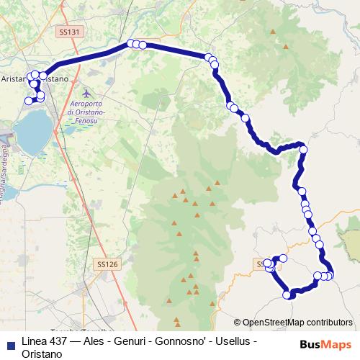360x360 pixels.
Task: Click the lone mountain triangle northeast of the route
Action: [287, 47]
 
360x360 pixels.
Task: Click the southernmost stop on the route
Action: [287, 294]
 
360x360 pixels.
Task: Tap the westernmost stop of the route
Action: [29, 101]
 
